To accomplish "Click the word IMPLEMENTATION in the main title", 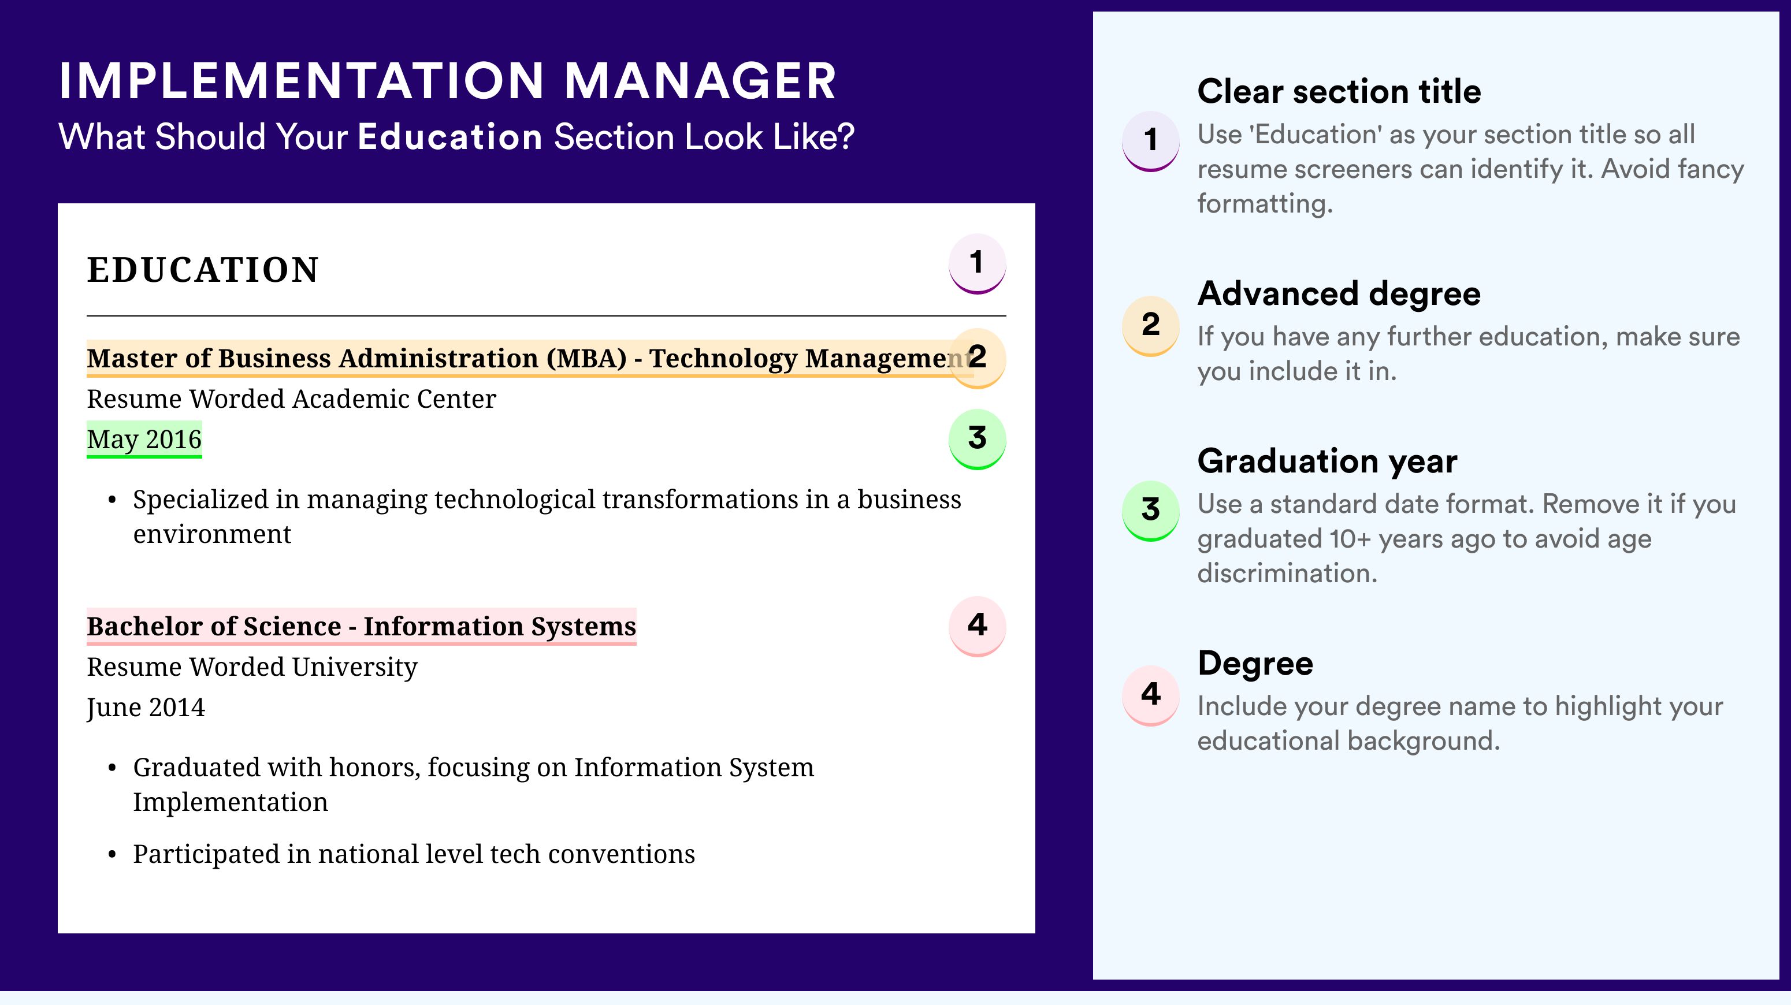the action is pyautogui.click(x=302, y=81).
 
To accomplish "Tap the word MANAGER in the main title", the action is pyautogui.click(x=700, y=81).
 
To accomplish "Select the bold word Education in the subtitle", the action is pyautogui.click(x=450, y=136).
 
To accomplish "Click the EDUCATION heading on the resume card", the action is pyautogui.click(x=202, y=270).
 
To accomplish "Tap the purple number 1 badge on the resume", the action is pyautogui.click(x=977, y=263).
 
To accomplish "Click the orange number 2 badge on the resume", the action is pyautogui.click(x=977, y=358).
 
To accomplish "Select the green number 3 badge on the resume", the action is pyautogui.click(x=977, y=438).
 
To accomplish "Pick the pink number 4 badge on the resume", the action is pyautogui.click(x=977, y=626).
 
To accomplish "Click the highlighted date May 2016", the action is pyautogui.click(x=144, y=439).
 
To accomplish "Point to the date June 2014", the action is pyautogui.click(x=146, y=708).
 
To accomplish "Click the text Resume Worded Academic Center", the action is pyautogui.click(x=291, y=399).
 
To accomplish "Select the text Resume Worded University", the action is pyautogui.click(x=252, y=667).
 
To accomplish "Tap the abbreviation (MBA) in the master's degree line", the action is pyautogui.click(x=586, y=359).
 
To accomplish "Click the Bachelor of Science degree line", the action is pyautogui.click(x=362, y=626).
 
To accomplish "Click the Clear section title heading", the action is pyautogui.click(x=1339, y=91).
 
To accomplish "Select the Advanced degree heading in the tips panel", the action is pyautogui.click(x=1339, y=294).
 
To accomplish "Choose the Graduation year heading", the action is pyautogui.click(x=1327, y=461).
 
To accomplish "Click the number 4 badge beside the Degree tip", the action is pyautogui.click(x=1151, y=695).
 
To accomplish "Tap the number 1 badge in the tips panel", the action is pyautogui.click(x=1151, y=140).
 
